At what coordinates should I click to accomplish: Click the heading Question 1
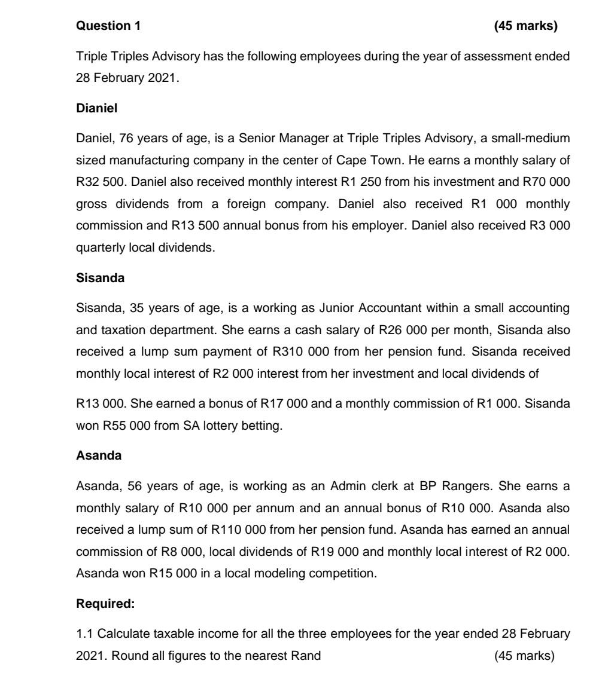coord(110,26)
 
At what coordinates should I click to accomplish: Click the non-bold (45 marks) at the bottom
coord(525,656)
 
